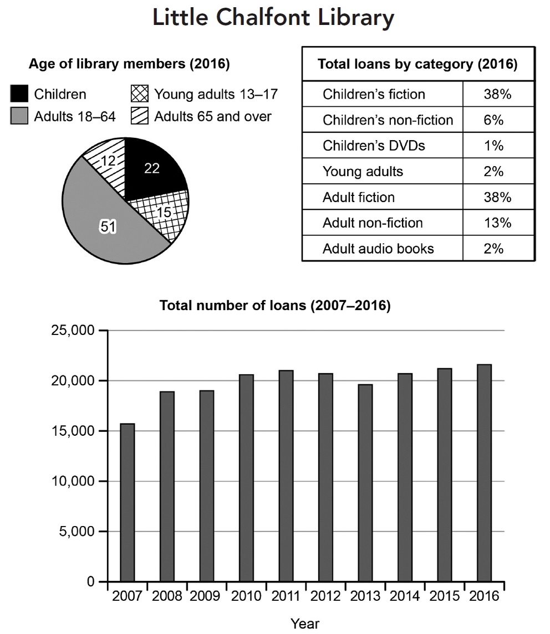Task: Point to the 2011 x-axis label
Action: pyautogui.click(x=286, y=596)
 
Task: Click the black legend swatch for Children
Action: pyautogui.click(x=20, y=94)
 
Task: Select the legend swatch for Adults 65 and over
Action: pyautogui.click(x=139, y=117)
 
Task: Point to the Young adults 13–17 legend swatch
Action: pyautogui.click(x=139, y=94)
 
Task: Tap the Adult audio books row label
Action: pyautogui.click(x=378, y=249)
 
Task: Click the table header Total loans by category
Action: pyautogui.click(x=417, y=64)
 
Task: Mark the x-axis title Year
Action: pyautogui.click(x=305, y=623)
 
